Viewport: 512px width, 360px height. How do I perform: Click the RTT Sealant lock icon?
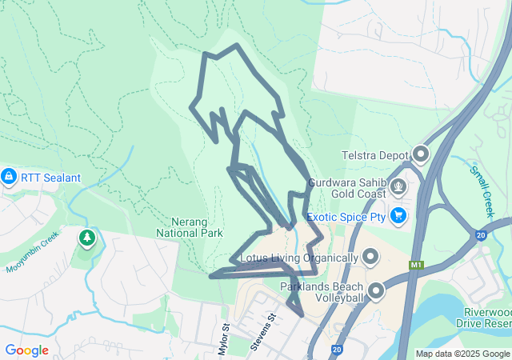(9, 176)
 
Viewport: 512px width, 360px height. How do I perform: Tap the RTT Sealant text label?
(50, 177)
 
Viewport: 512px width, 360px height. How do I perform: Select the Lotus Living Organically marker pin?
(370, 257)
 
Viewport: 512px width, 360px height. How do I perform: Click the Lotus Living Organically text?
(299, 258)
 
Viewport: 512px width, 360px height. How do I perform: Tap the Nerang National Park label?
(197, 226)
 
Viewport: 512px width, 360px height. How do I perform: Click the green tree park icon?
(86, 238)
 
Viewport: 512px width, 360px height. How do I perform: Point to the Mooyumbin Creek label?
(34, 252)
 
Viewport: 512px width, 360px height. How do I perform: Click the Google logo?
(26, 350)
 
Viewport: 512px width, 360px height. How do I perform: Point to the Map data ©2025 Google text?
(462, 354)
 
